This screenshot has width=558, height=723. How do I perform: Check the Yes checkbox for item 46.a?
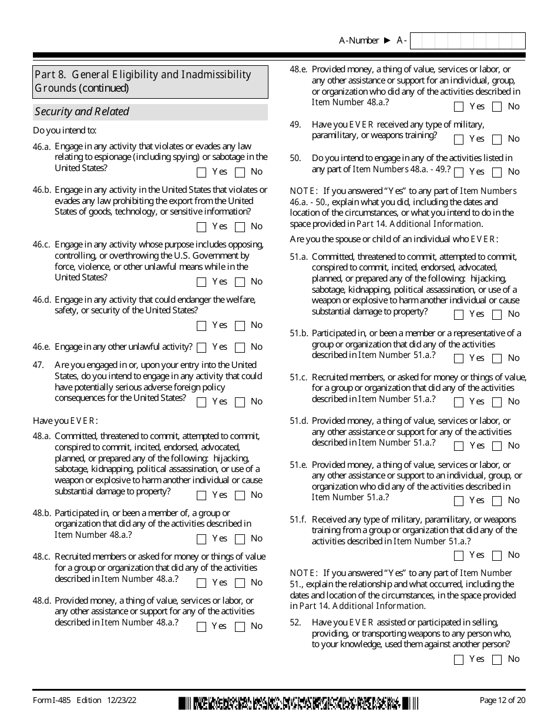(x=201, y=173)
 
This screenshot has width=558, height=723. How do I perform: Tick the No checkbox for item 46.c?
(x=240, y=282)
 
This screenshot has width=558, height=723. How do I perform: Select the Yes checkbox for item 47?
(x=201, y=403)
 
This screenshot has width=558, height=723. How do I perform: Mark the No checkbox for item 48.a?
(x=240, y=496)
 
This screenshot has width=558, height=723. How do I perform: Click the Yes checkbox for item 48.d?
(x=201, y=627)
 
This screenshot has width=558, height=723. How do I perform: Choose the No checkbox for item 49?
(x=497, y=140)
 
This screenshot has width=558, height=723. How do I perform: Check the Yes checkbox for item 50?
(x=459, y=173)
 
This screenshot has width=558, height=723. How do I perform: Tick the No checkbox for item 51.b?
(x=497, y=359)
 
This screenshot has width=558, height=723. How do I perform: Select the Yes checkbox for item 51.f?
(x=459, y=556)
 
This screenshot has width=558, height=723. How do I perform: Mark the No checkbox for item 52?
(x=497, y=660)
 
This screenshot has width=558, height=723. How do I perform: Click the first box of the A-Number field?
(x=416, y=41)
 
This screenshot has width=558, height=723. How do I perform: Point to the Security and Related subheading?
(x=82, y=112)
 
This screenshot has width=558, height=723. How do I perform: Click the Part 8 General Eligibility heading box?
(x=150, y=82)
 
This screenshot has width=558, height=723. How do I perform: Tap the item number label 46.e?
(x=42, y=347)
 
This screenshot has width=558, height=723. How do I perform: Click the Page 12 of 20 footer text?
(x=502, y=700)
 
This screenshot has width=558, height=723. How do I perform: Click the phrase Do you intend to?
(x=65, y=130)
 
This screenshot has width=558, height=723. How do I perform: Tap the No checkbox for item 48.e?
(x=497, y=107)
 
